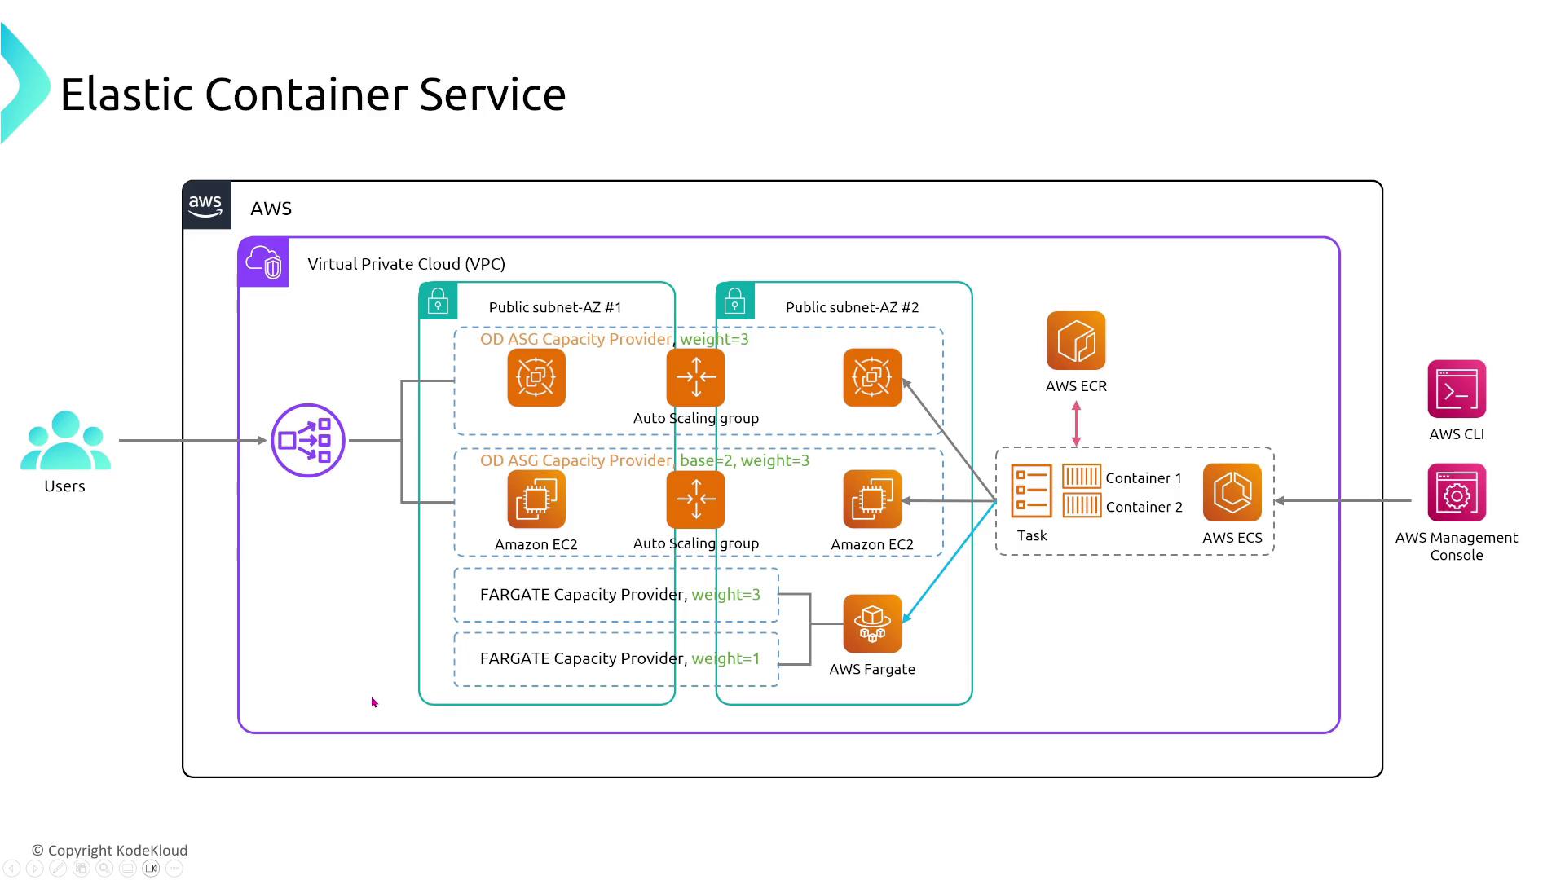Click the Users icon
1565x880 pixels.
coord(65,441)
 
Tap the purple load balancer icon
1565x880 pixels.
coord(308,441)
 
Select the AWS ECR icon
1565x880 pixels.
coord(1076,341)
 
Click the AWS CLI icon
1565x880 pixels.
coord(1457,389)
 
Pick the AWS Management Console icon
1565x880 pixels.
coord(1457,492)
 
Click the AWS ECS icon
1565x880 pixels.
coord(1232,492)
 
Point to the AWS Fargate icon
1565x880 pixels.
coord(872,623)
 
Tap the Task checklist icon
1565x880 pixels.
coord(1031,491)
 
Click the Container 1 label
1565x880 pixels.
coord(1143,478)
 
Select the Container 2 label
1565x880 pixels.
coord(1144,507)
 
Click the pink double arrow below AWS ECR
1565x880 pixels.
coord(1076,424)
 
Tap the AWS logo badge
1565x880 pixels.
coord(206,205)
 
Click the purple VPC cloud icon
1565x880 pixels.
coord(263,262)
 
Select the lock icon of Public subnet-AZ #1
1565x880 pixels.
coord(438,301)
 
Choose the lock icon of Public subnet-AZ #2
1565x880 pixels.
coord(735,301)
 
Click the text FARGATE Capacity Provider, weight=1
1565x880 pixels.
coord(619,658)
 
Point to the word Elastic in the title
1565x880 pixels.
coord(126,95)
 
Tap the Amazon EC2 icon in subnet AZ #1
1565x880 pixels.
coord(536,499)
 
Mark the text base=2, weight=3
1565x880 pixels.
coord(744,460)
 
